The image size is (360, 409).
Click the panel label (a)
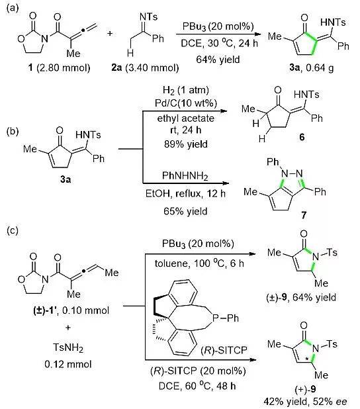[13, 8]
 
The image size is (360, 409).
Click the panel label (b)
[13, 131]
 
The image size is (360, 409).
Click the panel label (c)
[13, 230]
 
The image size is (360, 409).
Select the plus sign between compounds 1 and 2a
[110, 33]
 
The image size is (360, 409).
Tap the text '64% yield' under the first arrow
[218, 60]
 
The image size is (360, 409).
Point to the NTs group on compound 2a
[148, 17]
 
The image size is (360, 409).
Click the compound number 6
[302, 137]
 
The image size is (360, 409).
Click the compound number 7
[304, 215]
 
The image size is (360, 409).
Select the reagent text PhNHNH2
[185, 176]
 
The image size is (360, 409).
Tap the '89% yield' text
[186, 144]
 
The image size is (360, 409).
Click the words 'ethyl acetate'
[186, 118]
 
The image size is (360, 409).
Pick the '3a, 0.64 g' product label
[311, 68]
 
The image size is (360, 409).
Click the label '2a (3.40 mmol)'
[145, 68]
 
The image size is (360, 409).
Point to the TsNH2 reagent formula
[68, 347]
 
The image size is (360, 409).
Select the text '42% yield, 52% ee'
[305, 402]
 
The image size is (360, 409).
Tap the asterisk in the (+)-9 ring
[307, 359]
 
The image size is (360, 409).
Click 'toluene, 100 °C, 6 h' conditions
[199, 263]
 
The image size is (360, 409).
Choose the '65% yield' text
[185, 211]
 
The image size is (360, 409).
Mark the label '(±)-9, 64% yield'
[301, 297]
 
